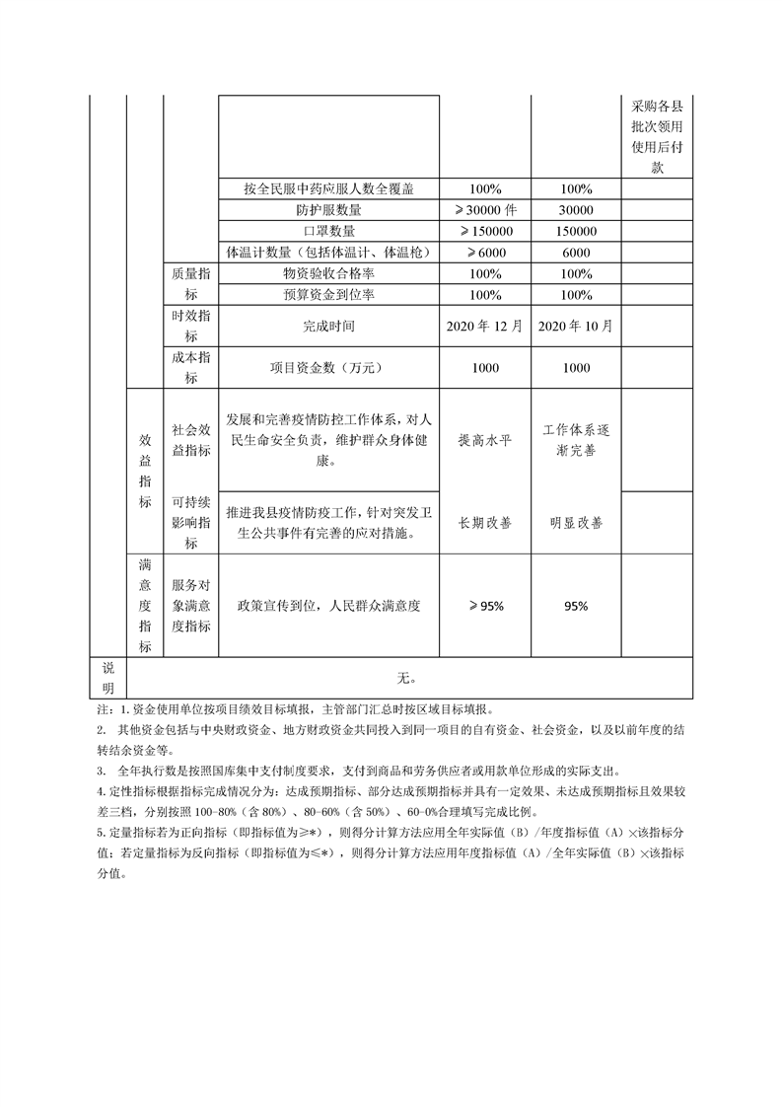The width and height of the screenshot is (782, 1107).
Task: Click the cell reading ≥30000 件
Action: [485, 210]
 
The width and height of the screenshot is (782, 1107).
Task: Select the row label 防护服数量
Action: [328, 210]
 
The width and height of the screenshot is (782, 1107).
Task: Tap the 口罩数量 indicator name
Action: [328, 231]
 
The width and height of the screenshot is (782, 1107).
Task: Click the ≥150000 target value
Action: [485, 231]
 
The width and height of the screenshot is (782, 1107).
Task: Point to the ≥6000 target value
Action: [485, 253]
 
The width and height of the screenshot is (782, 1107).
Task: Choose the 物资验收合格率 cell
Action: [328, 273]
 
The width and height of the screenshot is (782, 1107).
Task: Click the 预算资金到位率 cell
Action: [328, 295]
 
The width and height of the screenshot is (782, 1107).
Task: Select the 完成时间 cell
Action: [328, 325]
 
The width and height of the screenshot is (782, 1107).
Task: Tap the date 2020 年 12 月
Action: [485, 325]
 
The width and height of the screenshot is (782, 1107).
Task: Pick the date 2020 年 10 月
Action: [576, 325]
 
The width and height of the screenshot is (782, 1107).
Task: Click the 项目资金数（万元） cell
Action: [328, 368]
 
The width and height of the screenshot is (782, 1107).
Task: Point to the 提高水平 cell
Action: [485, 440]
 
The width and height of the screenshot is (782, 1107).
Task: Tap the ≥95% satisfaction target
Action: [485, 606]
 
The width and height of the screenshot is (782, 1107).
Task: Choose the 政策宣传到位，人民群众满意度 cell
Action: [328, 606]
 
